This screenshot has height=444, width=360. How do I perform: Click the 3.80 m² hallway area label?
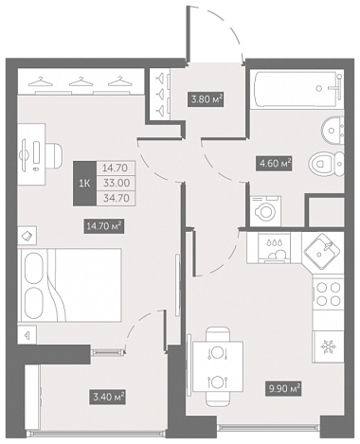206,99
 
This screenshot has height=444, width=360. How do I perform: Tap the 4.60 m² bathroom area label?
274,163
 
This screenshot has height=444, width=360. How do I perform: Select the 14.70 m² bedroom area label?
103,226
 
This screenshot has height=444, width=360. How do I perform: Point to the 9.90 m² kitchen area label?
282,388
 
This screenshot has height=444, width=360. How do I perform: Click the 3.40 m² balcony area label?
108,397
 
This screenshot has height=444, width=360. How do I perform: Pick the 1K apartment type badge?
84,184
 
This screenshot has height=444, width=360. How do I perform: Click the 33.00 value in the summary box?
116,183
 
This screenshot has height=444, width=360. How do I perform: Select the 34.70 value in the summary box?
116,198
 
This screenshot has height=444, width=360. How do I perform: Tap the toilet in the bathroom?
326,164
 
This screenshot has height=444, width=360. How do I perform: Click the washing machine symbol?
265,211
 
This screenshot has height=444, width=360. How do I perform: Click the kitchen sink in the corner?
322,251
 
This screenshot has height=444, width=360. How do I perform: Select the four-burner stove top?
328,293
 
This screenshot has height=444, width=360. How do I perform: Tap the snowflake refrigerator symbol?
328,346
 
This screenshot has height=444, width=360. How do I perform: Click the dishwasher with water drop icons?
274,248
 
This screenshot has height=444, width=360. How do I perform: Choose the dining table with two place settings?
218,366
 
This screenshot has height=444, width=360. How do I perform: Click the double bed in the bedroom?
70,285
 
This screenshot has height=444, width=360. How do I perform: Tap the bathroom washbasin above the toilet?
333,130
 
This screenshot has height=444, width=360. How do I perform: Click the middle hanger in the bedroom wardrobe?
81,81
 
